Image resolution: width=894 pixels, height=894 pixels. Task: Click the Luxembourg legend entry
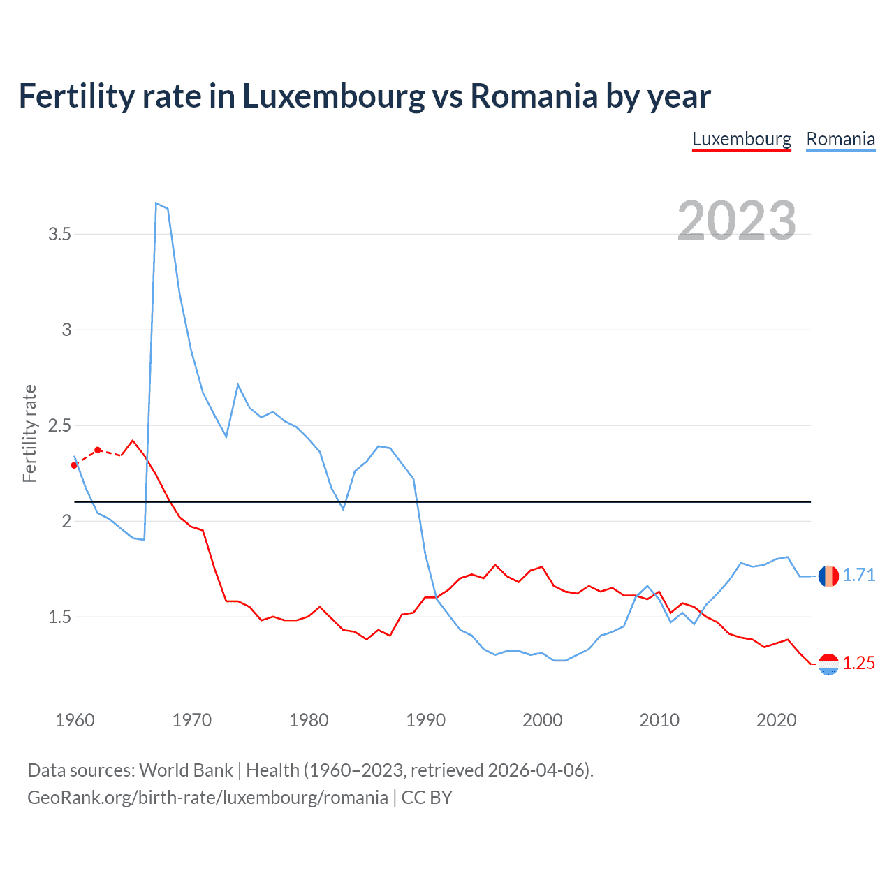point(741,139)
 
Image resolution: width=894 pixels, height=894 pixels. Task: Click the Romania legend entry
point(840,139)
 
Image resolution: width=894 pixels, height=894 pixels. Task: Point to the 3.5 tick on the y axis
point(60,234)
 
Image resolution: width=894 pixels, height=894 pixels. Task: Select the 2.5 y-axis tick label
point(60,425)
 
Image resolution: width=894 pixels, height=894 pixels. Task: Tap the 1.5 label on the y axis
point(60,617)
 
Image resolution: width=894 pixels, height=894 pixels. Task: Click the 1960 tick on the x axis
point(75,720)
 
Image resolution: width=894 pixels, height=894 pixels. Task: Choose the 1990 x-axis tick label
point(425,720)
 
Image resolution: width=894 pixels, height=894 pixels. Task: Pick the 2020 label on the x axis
point(776,720)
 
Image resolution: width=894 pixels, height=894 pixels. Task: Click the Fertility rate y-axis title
point(29,433)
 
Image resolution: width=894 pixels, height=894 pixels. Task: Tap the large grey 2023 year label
point(737,221)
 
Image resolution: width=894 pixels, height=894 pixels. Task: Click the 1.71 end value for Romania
point(858,575)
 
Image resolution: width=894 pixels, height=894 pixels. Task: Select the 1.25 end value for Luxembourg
point(858,663)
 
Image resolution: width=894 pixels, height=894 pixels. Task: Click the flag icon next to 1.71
point(828,576)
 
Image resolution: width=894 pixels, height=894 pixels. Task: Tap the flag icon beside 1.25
point(828,664)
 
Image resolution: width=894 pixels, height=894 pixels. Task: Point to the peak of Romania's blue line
point(156,203)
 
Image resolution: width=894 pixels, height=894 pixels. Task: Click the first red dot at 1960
point(74,465)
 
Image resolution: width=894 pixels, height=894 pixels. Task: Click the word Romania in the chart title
point(534,96)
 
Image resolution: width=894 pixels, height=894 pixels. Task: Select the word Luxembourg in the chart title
point(333,96)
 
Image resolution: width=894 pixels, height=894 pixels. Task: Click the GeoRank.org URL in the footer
point(207,798)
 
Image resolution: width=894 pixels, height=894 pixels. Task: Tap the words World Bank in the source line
point(186,770)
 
